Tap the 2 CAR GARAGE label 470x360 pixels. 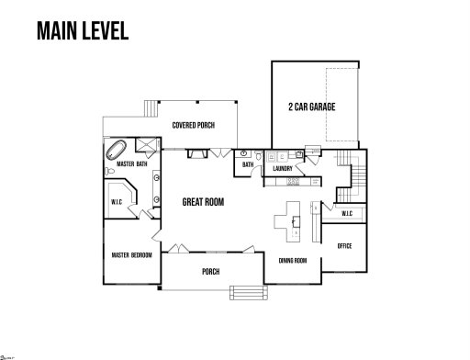(x=311, y=107)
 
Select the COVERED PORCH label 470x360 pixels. (x=194, y=125)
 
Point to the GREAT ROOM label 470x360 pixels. (x=203, y=202)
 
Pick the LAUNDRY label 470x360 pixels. (x=283, y=169)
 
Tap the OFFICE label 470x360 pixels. (x=345, y=246)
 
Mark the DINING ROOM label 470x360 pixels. (x=292, y=261)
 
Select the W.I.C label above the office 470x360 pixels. (x=347, y=214)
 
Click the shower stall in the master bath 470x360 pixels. (x=145, y=144)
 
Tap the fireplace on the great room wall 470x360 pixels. (x=196, y=155)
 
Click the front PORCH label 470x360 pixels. (x=210, y=272)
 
